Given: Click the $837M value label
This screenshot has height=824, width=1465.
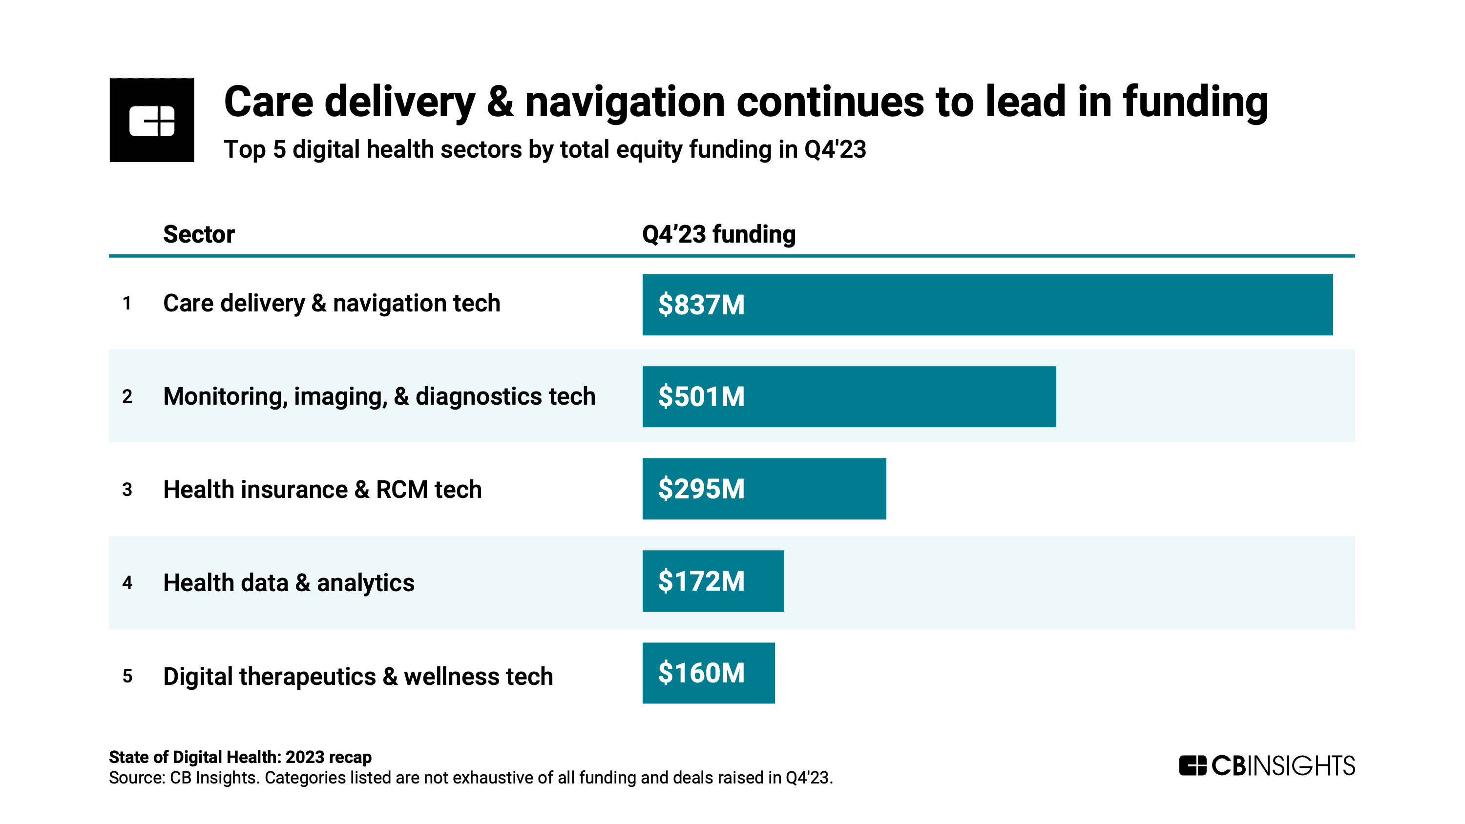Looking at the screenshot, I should [701, 305].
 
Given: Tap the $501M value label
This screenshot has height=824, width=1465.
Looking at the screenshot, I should [701, 397].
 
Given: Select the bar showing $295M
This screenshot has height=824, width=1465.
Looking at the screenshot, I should [764, 489].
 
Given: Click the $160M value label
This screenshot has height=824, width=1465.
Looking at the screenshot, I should [701, 673].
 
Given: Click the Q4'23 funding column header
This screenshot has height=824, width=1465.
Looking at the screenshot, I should [718, 234].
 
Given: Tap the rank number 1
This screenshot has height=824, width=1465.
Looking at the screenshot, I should [127, 304].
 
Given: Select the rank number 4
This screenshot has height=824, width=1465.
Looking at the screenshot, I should [127, 583].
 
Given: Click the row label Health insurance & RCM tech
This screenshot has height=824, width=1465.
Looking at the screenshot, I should [322, 490].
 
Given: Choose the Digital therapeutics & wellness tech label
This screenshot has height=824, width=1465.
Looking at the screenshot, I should [358, 676].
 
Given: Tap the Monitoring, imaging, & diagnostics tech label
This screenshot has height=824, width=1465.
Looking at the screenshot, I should [379, 396].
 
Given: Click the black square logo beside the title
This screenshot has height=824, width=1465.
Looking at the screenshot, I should [152, 120].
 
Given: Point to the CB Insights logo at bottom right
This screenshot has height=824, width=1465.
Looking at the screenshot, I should [1267, 765].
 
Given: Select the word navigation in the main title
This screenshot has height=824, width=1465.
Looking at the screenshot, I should [625, 103].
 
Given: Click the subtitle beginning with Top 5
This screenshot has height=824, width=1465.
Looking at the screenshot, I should [544, 149].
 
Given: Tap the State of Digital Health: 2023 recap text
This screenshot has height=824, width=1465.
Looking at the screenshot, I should [240, 757].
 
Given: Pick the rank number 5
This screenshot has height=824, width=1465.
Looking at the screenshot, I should [127, 676].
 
